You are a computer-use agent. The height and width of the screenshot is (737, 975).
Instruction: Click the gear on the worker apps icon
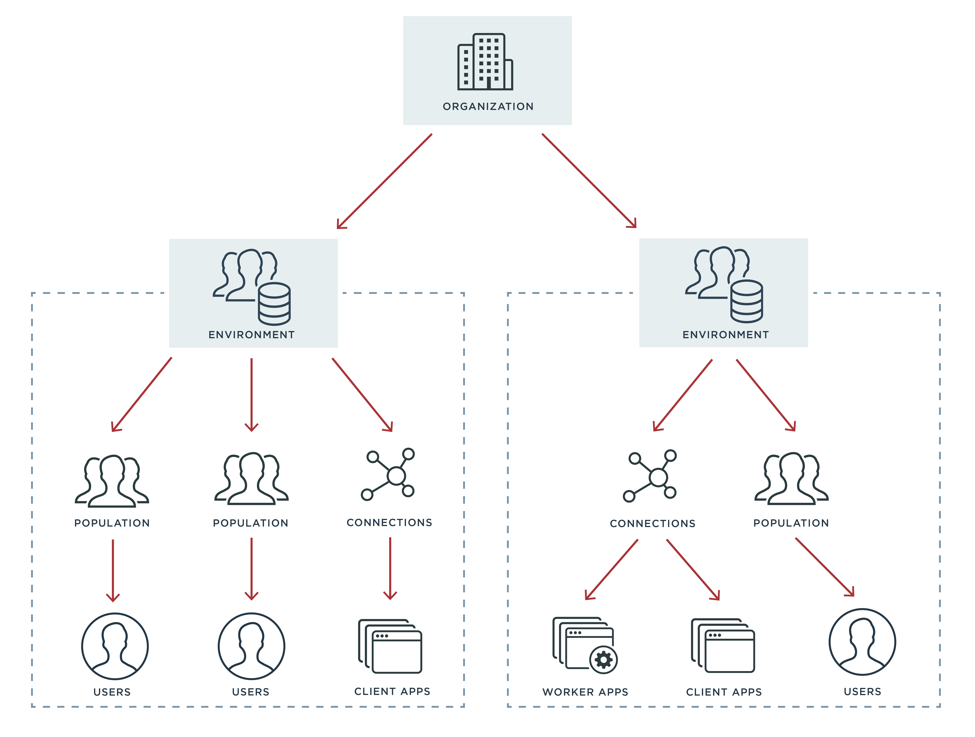pos(603,660)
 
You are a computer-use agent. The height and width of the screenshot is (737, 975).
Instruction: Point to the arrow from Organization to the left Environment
pos(384,181)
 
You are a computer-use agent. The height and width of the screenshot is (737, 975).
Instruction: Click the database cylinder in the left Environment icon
pos(274,304)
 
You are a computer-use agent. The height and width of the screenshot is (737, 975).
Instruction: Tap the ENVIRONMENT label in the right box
pos(725,335)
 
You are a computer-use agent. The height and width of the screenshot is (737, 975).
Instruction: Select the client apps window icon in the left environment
pos(390,646)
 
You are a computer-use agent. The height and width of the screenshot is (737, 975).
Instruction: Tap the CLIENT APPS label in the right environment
pos(724,692)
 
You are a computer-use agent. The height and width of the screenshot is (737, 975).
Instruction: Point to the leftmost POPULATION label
pos(112,523)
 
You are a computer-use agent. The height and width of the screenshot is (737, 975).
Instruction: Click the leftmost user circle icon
pos(115,646)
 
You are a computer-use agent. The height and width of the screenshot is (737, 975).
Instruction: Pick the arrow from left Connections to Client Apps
pos(390,568)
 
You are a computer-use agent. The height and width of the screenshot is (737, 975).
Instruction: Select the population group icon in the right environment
pos(792,479)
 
